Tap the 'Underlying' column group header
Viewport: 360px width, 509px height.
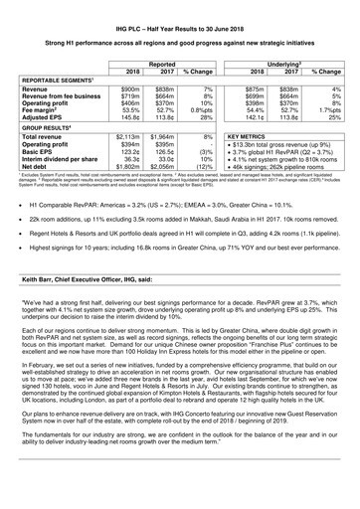coord(295,61)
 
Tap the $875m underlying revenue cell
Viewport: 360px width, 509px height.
coord(257,88)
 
